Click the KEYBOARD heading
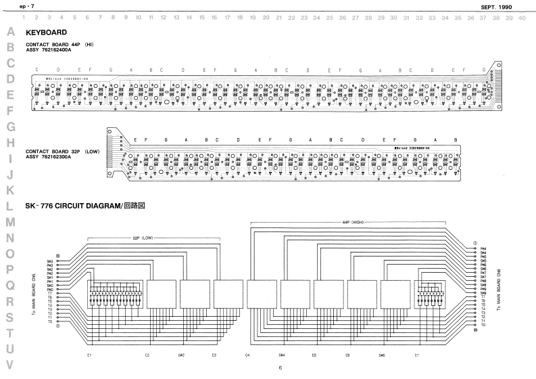45,32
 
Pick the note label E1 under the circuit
89,355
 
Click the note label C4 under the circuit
247,355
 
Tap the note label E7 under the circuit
417,355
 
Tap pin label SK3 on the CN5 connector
50,265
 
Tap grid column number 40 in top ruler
522,17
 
